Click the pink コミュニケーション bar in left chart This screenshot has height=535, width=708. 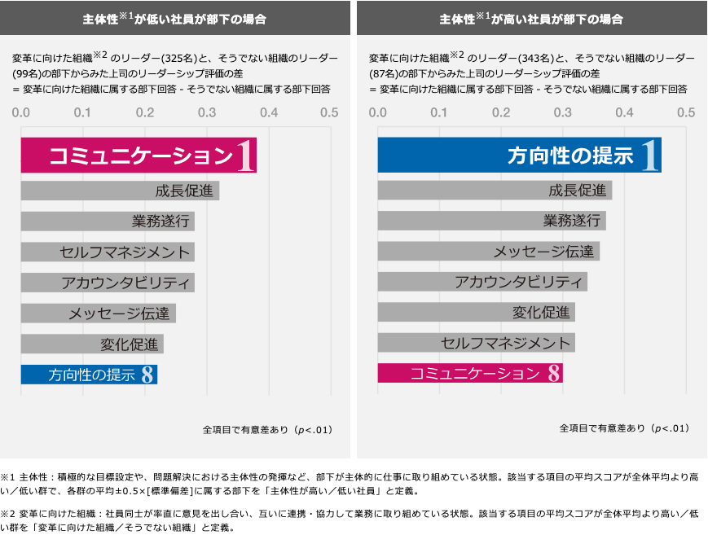(139, 156)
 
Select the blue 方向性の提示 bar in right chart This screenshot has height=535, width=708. (519, 156)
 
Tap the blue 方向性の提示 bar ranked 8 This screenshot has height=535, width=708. (89, 375)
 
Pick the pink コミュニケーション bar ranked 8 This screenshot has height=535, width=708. (470, 374)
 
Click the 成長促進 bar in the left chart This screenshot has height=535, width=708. (120, 191)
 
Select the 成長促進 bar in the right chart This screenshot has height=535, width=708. (495, 191)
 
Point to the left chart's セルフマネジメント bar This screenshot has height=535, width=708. (108, 252)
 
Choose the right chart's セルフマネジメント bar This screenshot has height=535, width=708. (476, 343)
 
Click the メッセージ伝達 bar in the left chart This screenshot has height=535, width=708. (98, 313)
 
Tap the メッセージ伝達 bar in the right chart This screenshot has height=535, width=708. (489, 252)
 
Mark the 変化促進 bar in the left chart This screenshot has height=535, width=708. (92, 344)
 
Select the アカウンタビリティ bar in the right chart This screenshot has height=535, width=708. (482, 282)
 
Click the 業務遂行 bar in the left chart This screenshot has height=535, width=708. (108, 221)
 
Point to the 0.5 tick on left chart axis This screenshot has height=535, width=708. (329, 112)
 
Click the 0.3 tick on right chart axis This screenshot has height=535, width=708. (562, 112)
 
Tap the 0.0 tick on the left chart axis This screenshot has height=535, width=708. (21, 112)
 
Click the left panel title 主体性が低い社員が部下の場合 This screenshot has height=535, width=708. (175, 18)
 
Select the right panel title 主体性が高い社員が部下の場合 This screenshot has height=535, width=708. (531, 18)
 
